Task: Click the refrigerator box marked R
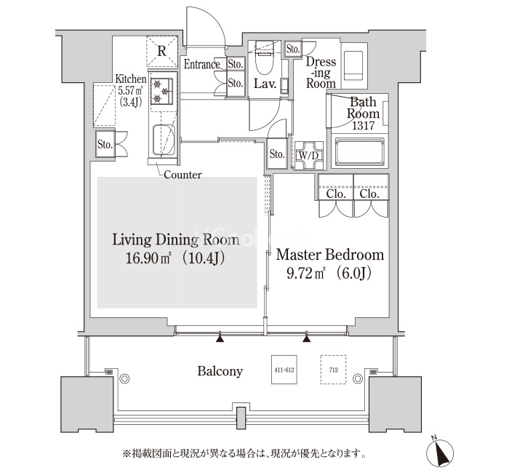point(161,51)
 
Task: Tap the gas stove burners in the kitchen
point(161,91)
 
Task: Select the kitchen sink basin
point(164,140)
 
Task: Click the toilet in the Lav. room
point(265,58)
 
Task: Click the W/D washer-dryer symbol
point(309,155)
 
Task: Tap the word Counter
point(183,175)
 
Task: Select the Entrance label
point(202,64)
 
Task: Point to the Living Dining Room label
point(176,239)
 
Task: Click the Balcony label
point(220,371)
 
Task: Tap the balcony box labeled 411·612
point(284,370)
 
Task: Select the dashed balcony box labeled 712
point(333,370)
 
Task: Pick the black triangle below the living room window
point(220,338)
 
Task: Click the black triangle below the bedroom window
point(306,338)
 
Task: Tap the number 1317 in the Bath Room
point(364,125)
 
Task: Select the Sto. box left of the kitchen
point(105,144)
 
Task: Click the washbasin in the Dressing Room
point(353,65)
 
